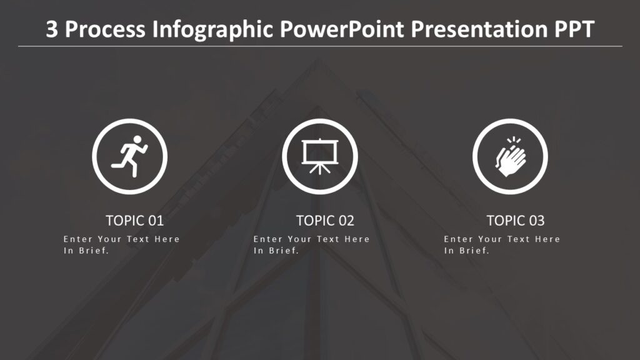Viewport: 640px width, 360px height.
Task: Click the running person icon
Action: (130, 156)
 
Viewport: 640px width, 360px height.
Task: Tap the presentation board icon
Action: (319, 154)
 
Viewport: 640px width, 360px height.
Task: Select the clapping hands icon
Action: (510, 156)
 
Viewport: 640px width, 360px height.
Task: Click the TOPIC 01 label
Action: (134, 221)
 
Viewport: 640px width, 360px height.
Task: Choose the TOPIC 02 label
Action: (325, 221)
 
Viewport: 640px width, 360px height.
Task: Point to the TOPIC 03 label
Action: (516, 221)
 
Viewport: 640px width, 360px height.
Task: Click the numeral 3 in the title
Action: (52, 29)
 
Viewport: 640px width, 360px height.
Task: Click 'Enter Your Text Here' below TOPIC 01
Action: (121, 239)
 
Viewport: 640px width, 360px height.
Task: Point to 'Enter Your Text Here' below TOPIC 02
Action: (311, 239)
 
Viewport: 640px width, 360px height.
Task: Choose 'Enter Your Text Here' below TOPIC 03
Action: (502, 239)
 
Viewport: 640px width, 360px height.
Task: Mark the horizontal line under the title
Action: (320, 46)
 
